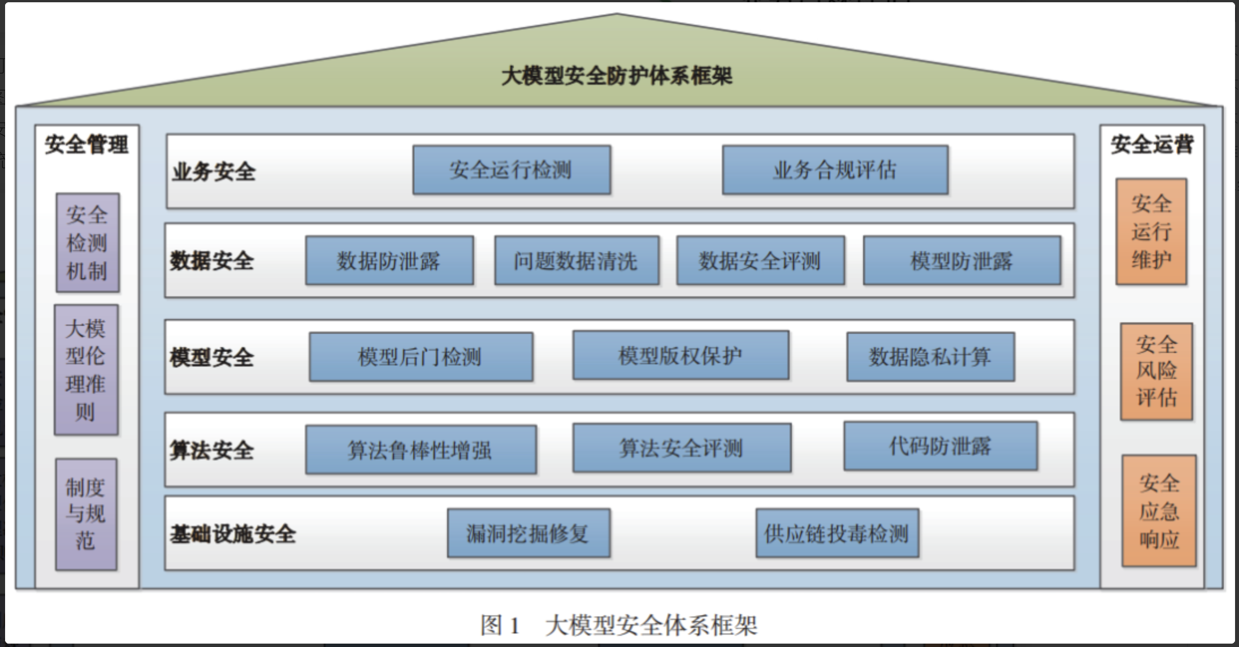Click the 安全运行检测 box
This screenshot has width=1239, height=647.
512,170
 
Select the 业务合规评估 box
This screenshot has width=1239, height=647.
835,170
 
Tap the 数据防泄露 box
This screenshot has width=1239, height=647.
389,261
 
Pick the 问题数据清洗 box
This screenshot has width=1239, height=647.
577,261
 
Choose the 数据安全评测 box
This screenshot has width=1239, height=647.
760,261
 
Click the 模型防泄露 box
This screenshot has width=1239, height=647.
961,261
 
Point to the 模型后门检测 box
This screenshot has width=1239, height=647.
421,357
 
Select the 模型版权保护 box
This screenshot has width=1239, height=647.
681,355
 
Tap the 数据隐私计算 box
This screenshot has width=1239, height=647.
930,357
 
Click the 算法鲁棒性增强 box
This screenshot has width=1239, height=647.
421,450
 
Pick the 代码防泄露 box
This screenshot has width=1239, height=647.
941,446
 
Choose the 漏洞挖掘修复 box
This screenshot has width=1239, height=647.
528,533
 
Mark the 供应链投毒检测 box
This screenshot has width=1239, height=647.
837,533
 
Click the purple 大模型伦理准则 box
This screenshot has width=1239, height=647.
86,370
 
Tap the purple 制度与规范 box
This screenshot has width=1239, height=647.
86,514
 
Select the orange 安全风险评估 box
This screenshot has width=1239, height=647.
1156,372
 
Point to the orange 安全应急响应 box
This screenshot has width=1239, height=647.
1159,511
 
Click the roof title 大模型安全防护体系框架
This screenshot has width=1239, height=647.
617,76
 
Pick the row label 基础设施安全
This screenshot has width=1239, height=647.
233,534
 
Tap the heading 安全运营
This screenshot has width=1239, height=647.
1152,145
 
